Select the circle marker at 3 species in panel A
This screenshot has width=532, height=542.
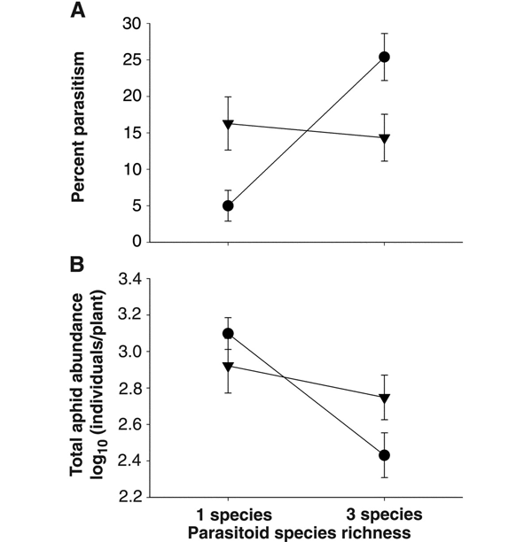point(384,58)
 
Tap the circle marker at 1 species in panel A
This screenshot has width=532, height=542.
point(228,205)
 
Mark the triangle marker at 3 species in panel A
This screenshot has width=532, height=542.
point(384,138)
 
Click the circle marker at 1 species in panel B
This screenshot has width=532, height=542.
point(228,334)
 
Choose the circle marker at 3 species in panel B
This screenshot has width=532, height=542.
point(384,455)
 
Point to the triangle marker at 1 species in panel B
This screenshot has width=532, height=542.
point(228,366)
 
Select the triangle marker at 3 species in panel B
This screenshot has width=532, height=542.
point(384,399)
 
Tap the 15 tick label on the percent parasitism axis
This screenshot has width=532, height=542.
point(130,133)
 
